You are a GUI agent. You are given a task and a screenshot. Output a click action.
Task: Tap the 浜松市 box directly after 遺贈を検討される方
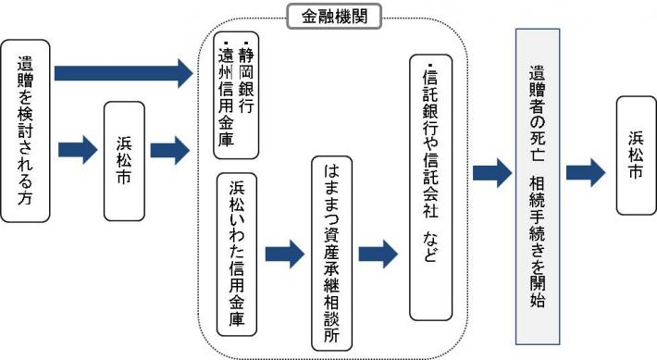pyautogui.click(x=124, y=162)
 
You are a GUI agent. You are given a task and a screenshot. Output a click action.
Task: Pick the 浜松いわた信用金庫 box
pyautogui.click(x=237, y=252)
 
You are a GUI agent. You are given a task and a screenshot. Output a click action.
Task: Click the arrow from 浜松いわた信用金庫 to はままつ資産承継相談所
pyautogui.click(x=284, y=253)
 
